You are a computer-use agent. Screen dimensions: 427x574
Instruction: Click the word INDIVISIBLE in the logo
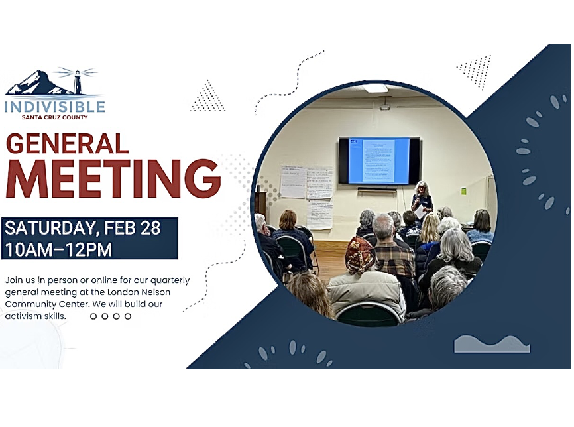[55, 107]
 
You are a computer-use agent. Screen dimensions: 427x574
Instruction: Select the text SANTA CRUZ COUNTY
[55, 117]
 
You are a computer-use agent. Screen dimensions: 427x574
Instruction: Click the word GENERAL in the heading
[67, 144]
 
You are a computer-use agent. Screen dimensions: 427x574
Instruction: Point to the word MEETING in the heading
[113, 178]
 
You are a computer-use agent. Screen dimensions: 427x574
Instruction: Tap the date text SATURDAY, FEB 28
[83, 228]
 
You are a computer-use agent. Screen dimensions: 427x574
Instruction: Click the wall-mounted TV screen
[379, 161]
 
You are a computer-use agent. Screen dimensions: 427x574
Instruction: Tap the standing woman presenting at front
[421, 199]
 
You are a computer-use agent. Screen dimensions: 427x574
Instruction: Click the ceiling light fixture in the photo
[376, 88]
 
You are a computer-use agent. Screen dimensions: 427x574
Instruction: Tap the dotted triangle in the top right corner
[476, 70]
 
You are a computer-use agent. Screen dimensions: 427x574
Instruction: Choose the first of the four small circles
[93, 316]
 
